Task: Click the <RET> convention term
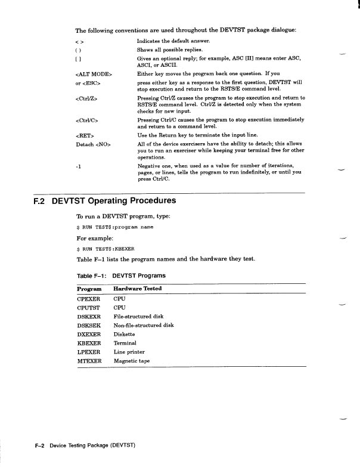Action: coord(85,136)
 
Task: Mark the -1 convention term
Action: coord(79,166)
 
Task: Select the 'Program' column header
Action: coord(89,289)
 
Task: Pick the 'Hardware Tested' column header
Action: coord(137,289)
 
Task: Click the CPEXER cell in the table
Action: coord(89,298)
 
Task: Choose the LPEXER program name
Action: coord(89,352)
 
